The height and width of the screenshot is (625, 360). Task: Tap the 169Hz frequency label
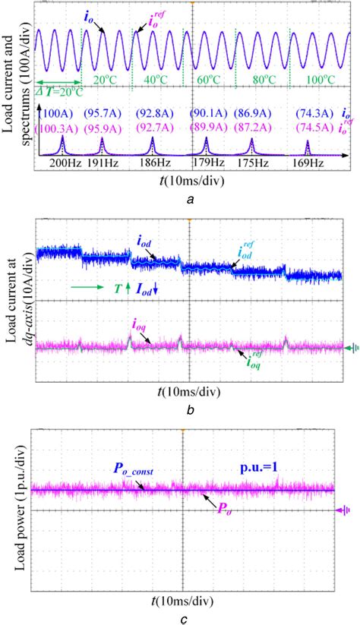[308, 163]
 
